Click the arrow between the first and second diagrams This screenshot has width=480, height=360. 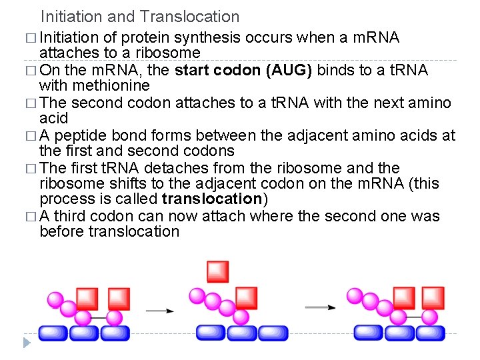[x=160, y=310]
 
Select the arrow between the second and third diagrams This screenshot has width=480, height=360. [x=321, y=307]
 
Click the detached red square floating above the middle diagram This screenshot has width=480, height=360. [x=217, y=271]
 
